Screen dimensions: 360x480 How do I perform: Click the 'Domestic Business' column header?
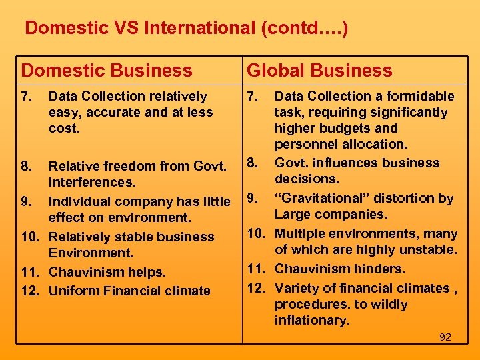coord(107,71)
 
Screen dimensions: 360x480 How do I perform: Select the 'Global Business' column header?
coord(319,71)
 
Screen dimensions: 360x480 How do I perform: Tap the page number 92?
coord(445,337)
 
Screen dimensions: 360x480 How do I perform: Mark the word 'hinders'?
coord(381,269)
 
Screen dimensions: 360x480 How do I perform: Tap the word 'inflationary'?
coord(311,321)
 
